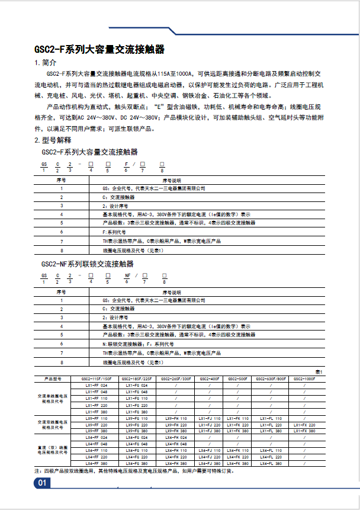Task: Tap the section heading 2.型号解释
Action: pos(53,140)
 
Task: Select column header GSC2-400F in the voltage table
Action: pos(209,378)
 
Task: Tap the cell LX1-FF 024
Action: pos(96,385)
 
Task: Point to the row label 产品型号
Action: pos(53,378)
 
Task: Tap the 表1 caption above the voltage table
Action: pos(318,371)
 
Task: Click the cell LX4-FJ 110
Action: pos(209,451)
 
